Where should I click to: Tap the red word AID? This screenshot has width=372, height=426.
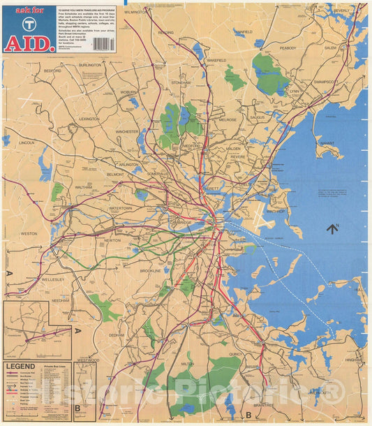coord(29,43)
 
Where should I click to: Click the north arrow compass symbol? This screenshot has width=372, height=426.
coord(332,227)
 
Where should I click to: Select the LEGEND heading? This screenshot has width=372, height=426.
coord(21,366)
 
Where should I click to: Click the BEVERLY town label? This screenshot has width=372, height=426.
coord(341,12)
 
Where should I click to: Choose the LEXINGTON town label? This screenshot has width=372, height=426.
coord(89,119)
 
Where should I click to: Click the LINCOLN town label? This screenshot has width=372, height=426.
coord(27,142)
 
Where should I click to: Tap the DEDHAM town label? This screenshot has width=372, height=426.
coord(116,335)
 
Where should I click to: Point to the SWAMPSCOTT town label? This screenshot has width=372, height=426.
coord(325,82)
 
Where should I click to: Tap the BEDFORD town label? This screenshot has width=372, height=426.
coord(53,71)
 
